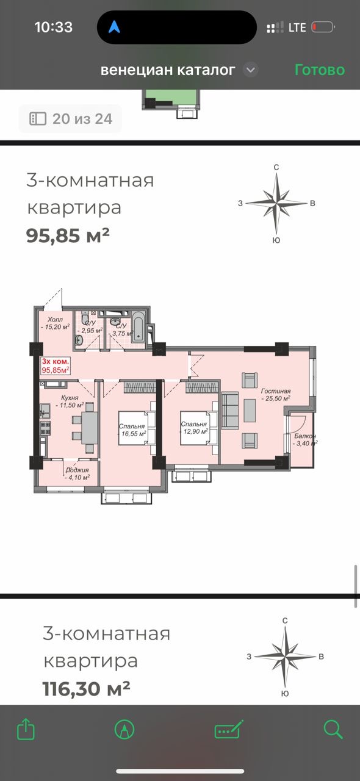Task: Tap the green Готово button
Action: [x=320, y=70]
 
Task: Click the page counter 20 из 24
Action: [x=70, y=118]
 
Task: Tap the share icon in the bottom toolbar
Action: [x=26, y=729]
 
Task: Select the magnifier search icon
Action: [x=333, y=729]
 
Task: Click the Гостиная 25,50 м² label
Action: [x=276, y=395]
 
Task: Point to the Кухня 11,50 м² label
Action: [x=70, y=401]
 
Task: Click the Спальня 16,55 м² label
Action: [x=132, y=430]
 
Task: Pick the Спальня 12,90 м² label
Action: [x=194, y=428]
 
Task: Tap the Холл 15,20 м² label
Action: [x=55, y=323]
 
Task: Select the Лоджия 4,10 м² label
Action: [x=77, y=474]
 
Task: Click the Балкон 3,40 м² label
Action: [x=305, y=440]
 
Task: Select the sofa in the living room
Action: [x=229, y=411]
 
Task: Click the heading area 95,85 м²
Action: [x=68, y=236]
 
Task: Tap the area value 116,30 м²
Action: [x=86, y=689]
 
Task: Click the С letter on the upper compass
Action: [x=276, y=167]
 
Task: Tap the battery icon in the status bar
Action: [x=323, y=27]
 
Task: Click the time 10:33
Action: [x=53, y=27]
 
